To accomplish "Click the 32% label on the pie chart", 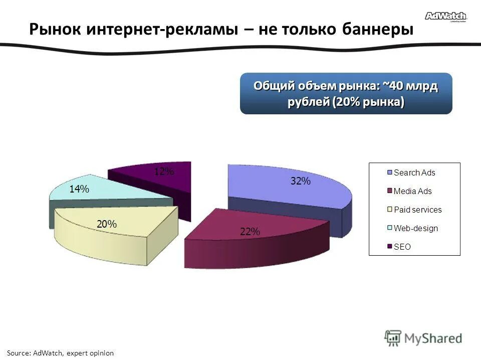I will pyautogui.click(x=301, y=182).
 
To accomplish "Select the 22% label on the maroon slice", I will pyautogui.click(x=250, y=232).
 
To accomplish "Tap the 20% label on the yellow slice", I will pyautogui.click(x=107, y=224).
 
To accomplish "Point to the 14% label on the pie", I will pyautogui.click(x=79, y=189).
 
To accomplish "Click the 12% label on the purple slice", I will pyautogui.click(x=164, y=172).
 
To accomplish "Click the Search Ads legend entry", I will pyautogui.click(x=414, y=172).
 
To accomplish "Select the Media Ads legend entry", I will pyautogui.click(x=412, y=191).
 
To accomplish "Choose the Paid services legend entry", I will pyautogui.click(x=417, y=210).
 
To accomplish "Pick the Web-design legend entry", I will pyautogui.click(x=415, y=228).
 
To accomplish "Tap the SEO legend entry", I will pyautogui.click(x=402, y=247).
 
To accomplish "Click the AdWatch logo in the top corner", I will pyautogui.click(x=445, y=17).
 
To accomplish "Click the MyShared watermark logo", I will pyautogui.click(x=423, y=338).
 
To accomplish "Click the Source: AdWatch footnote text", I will pyautogui.click(x=60, y=353).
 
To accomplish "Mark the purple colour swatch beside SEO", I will pyautogui.click(x=389, y=247).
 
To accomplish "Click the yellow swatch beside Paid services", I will pyautogui.click(x=389, y=210).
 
